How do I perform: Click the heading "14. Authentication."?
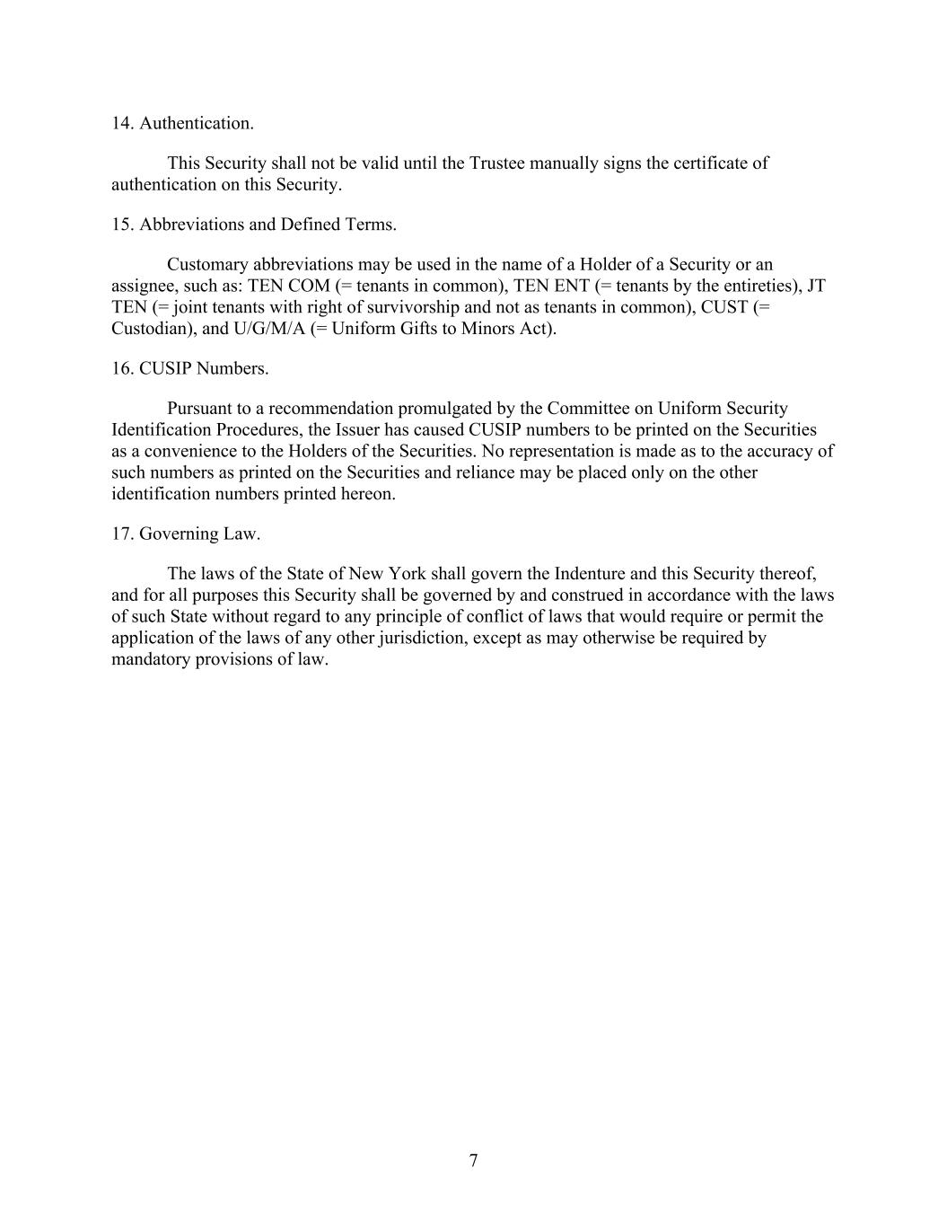pos(182,123)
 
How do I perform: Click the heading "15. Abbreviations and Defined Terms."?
pos(254,225)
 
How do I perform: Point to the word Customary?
pos(207,265)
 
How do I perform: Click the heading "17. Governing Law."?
pos(186,534)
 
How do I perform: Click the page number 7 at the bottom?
pos(473,1160)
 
